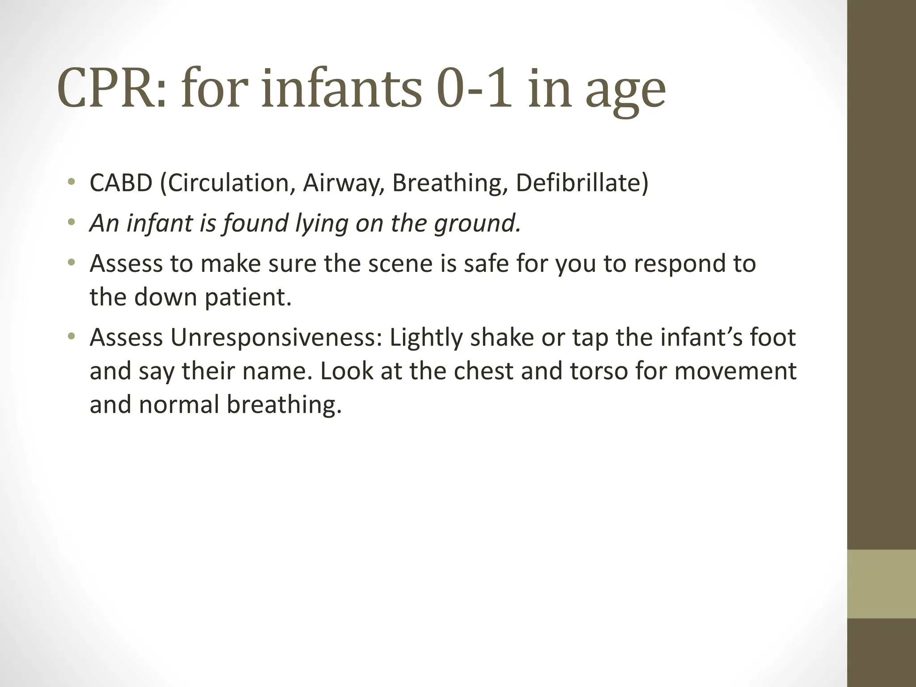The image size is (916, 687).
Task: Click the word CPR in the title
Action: pos(112,88)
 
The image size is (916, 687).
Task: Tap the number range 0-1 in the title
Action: pos(474,88)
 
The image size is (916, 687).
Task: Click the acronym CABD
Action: pos(121,183)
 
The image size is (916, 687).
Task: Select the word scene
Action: pos(400,263)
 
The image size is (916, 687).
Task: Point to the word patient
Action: pos(248,297)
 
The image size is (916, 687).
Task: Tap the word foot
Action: pos(773,337)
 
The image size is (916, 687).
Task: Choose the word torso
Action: pos(599,371)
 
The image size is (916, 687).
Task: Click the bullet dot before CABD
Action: pos(71,182)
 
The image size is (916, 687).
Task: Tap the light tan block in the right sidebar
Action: pos(882,584)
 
